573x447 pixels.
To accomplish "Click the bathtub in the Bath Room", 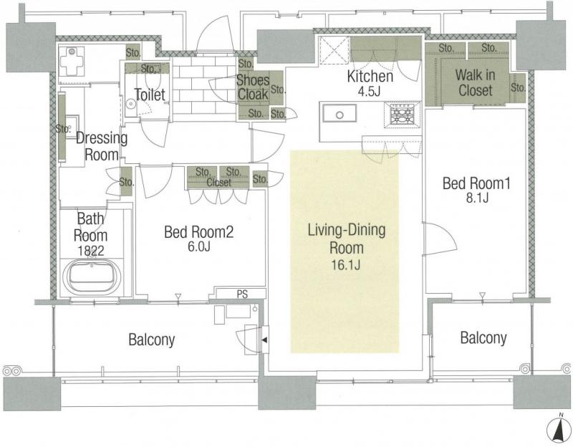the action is (x=92, y=277).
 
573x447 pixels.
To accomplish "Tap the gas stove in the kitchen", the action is (x=402, y=115).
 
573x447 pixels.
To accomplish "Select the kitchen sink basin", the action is (x=340, y=114).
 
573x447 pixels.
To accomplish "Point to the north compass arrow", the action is (x=559, y=430).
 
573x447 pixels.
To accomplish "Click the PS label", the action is (x=242, y=294).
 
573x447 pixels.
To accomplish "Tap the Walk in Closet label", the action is (x=476, y=83).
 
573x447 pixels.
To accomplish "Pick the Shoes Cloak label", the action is (x=253, y=87).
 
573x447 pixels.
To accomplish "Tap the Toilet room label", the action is (x=150, y=95).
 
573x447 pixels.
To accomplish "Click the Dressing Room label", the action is (x=102, y=146).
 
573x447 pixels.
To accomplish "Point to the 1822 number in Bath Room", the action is (x=91, y=251).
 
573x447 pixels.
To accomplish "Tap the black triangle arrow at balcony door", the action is (x=264, y=340).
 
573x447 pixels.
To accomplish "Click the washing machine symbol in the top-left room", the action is (x=72, y=60).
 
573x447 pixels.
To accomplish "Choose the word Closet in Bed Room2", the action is (x=218, y=182).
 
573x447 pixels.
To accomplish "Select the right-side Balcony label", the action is (x=483, y=338).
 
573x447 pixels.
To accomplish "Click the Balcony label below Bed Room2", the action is (x=152, y=340).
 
